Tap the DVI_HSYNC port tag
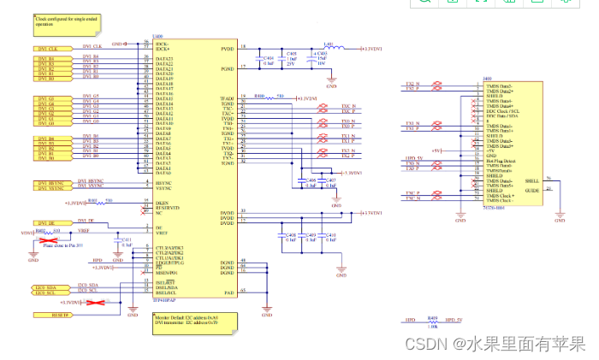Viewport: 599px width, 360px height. tap(50, 181)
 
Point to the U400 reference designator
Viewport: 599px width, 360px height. tap(157, 38)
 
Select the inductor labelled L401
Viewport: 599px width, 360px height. tap(328, 46)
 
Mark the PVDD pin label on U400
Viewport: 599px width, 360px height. tap(226, 49)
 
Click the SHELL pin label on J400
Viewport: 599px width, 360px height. tap(531, 180)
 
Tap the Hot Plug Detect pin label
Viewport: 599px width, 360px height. tap(499, 159)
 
